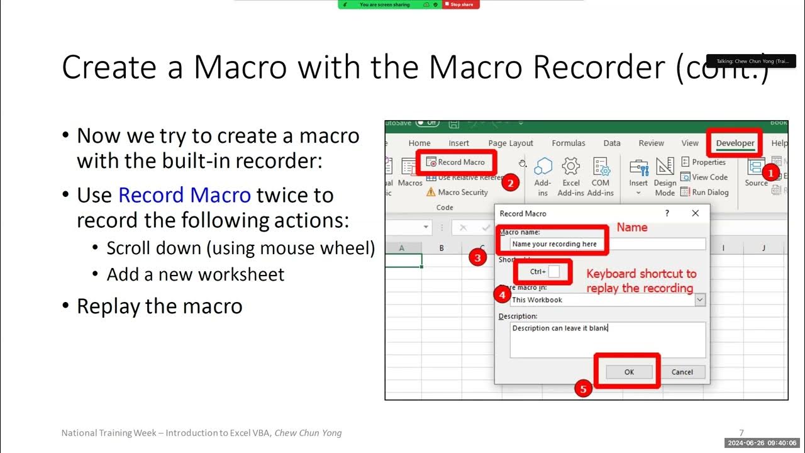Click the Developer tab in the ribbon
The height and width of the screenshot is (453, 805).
click(x=735, y=143)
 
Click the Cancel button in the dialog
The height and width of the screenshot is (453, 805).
click(x=682, y=372)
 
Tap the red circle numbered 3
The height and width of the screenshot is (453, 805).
click(x=478, y=257)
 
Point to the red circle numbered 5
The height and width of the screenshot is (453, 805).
click(x=583, y=389)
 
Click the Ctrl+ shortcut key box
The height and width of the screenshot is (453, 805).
click(x=553, y=272)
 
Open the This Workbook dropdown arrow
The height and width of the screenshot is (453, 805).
click(x=700, y=300)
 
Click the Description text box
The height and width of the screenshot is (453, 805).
click(x=607, y=340)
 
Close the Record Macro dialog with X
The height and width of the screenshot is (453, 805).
click(x=695, y=213)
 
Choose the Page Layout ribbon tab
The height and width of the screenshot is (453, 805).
click(x=511, y=143)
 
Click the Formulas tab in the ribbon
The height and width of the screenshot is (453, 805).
click(x=569, y=143)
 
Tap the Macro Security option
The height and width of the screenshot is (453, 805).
click(x=462, y=193)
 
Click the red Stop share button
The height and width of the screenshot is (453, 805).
click(x=461, y=4)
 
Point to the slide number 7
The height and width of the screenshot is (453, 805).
click(x=741, y=433)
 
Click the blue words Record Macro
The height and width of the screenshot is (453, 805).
click(x=184, y=195)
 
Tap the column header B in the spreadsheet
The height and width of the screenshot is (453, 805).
click(x=441, y=248)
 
